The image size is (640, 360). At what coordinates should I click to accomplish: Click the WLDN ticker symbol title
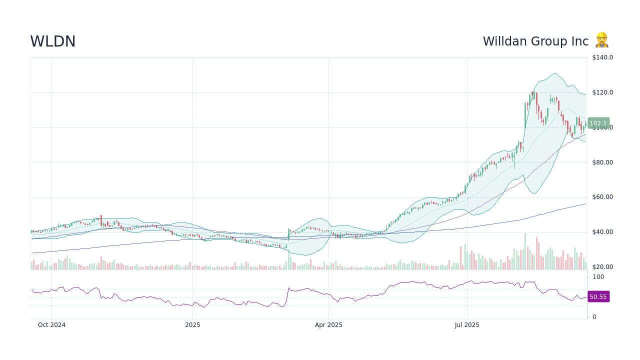[53, 41]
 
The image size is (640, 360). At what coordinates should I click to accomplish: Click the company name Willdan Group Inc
[535, 41]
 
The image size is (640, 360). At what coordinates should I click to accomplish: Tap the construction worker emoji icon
[601, 40]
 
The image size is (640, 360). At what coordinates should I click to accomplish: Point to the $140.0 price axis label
[602, 57]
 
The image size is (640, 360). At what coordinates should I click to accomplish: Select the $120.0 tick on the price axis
[602, 92]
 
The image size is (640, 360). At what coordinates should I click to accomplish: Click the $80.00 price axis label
[602, 162]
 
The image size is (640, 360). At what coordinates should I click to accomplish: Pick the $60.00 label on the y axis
[602, 197]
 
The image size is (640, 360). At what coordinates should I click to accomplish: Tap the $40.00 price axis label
[602, 232]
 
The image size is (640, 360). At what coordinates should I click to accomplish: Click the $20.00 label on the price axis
[602, 267]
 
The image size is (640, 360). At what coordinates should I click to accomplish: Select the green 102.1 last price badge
[598, 123]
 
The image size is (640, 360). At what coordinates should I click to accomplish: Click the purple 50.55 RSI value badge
[598, 297]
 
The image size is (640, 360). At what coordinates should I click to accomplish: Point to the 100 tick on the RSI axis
[598, 277]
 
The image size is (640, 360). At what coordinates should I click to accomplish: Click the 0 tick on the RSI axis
[594, 317]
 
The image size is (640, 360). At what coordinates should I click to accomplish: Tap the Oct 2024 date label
[51, 325]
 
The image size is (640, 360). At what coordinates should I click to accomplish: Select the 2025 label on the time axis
[192, 325]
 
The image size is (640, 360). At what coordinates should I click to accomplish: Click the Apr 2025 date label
[328, 325]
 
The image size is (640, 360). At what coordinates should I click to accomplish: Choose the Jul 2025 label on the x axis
[467, 325]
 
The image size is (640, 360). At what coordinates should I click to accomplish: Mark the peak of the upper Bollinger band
[554, 74]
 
